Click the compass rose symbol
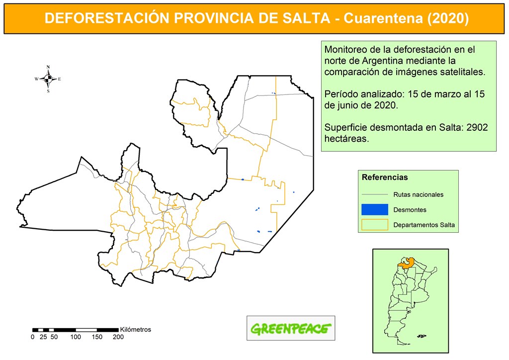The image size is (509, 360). tap(48, 79)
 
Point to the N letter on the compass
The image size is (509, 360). tap(48, 67)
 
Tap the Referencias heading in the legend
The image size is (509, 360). tap(385, 177)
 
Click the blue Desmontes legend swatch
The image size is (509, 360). tap(374, 209)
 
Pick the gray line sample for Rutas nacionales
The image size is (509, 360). tap(374, 194)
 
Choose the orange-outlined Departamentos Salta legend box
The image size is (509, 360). tap(374, 225)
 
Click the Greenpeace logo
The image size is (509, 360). tap(291, 328)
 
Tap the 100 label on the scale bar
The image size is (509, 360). tap(76, 337)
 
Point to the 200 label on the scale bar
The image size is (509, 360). tap(118, 337)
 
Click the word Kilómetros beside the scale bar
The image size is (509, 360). tap(136, 329)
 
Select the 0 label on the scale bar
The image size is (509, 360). tap(33, 337)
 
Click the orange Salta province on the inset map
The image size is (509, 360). tap(406, 263)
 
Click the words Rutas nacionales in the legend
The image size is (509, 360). tap(418, 194)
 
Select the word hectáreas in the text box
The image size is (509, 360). tap(346, 139)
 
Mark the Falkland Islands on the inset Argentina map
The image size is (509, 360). tap(422, 336)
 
